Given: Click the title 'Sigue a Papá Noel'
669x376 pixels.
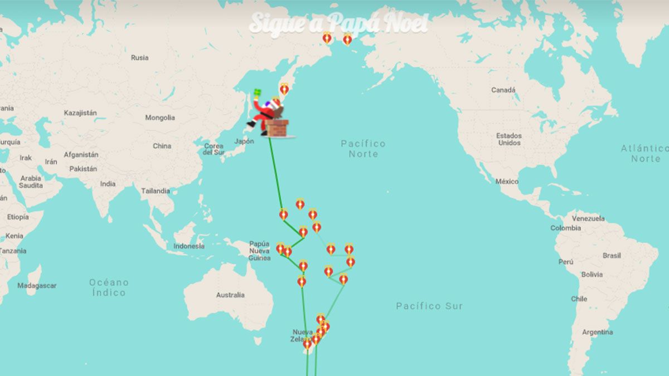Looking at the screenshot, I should [x=338, y=23].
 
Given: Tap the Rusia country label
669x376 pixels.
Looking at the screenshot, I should [x=139, y=57].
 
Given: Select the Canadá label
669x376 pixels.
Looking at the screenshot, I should [x=503, y=90].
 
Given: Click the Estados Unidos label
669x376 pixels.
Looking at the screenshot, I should [x=509, y=139].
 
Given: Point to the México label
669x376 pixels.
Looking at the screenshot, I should [x=507, y=181].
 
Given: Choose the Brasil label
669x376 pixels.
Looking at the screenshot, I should [x=612, y=256].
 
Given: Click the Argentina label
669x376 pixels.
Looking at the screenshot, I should [x=597, y=332].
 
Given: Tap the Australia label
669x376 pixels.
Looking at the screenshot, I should [x=230, y=295].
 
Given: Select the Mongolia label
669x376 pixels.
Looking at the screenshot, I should [x=160, y=118].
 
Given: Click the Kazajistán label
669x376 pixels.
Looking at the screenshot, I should [x=80, y=113].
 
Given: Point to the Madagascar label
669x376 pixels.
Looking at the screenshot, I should [x=37, y=285].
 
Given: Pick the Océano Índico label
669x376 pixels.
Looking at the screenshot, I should [x=109, y=287].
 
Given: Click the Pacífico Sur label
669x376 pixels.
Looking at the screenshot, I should [x=429, y=306].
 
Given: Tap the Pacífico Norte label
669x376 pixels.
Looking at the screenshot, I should [x=363, y=149].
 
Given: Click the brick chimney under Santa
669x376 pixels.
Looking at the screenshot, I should [x=277, y=128].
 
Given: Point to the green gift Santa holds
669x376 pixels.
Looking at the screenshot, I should [x=257, y=93].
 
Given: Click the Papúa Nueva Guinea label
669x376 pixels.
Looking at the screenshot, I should [x=259, y=251].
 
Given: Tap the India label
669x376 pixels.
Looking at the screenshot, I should [x=108, y=184].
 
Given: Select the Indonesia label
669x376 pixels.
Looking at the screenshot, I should [x=188, y=246].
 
